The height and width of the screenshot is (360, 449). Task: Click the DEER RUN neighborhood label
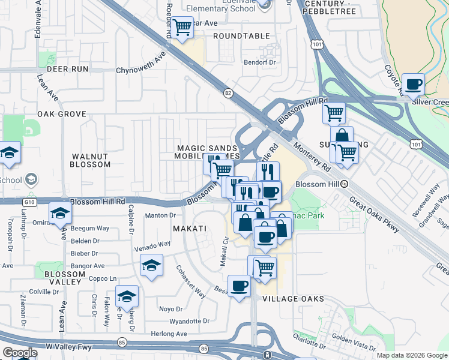tap(71, 69)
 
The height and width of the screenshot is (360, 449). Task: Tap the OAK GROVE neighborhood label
tap(62, 114)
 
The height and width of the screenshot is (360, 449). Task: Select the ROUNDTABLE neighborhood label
tap(242, 36)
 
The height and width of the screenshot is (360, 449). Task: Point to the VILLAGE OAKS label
tap(294, 299)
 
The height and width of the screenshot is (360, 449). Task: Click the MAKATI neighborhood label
tap(190, 229)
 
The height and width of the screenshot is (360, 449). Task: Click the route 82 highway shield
tap(228, 93)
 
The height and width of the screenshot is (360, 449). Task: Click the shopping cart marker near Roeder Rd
tap(182, 27)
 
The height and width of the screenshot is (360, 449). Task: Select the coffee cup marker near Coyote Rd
tap(412, 85)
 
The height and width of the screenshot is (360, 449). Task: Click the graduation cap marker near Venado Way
tap(151, 265)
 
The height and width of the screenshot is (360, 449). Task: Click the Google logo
tap(19, 353)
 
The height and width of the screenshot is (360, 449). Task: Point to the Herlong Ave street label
tap(169, 334)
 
